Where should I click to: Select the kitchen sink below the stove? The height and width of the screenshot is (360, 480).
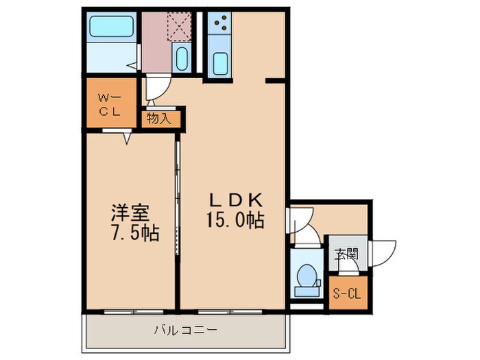click(x=221, y=63)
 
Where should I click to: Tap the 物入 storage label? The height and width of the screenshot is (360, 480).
click(x=159, y=119)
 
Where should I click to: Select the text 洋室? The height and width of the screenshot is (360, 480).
click(x=132, y=212)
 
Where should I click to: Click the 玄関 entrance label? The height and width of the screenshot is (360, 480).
click(x=346, y=253)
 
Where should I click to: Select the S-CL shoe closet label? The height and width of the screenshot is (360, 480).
click(x=346, y=295)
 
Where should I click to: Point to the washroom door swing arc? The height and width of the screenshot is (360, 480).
click(x=156, y=90)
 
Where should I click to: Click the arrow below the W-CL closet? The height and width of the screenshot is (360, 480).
click(x=128, y=138)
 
